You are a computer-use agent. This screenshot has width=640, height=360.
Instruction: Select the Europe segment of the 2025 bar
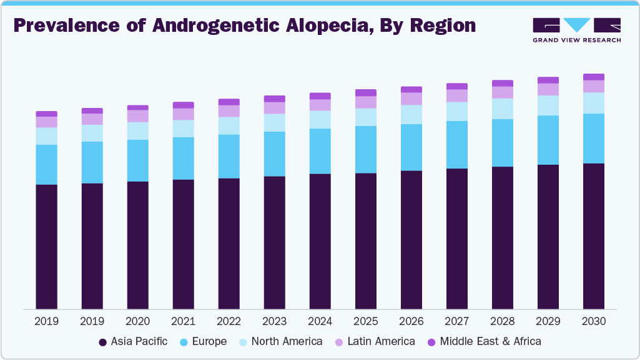tap(365, 150)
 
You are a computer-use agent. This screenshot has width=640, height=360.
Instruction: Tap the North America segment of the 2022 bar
tap(229, 125)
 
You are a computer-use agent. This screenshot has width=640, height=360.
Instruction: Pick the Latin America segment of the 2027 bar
tap(456, 95)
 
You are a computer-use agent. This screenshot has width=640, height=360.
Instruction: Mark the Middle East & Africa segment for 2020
tap(137, 107)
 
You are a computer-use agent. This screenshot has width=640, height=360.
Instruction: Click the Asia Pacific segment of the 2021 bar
tap(183, 244)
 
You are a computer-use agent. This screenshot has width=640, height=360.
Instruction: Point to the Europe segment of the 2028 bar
tap(502, 143)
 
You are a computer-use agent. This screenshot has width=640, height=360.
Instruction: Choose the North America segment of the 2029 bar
tap(548, 105)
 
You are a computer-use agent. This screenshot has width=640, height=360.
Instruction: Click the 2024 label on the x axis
tap(320, 321)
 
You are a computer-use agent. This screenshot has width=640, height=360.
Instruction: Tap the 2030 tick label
tap(593, 321)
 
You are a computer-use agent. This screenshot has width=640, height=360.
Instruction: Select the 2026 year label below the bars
tap(411, 321)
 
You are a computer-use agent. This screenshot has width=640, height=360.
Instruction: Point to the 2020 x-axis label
tap(137, 321)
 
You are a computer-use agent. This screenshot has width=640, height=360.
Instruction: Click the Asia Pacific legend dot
tap(102, 342)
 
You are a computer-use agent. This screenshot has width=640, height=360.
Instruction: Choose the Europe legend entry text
tap(209, 341)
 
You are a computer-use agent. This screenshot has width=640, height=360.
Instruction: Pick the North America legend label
tap(287, 341)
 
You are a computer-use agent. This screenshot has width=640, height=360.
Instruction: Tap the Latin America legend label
tap(381, 341)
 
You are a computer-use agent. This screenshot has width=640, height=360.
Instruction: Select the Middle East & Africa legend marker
tap(431, 342)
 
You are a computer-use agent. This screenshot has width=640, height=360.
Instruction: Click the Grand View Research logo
tap(576, 30)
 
